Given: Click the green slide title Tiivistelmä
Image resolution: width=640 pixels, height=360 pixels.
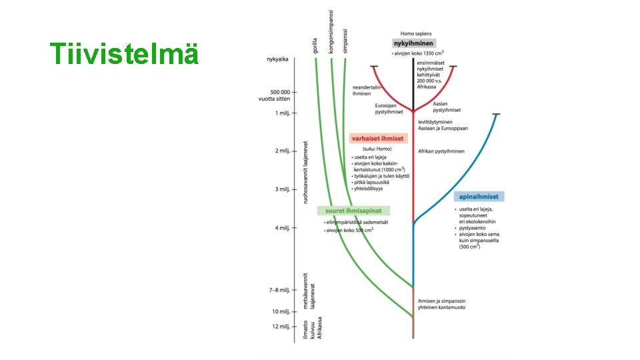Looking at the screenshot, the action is [x=125, y=54].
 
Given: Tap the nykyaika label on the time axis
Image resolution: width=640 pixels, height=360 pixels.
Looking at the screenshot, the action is [x=277, y=59].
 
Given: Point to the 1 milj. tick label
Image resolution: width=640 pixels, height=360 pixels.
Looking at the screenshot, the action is [x=283, y=113].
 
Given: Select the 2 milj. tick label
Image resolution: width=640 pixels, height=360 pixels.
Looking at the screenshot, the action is [x=283, y=151].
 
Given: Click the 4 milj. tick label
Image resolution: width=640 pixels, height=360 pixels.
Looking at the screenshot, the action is [x=283, y=228].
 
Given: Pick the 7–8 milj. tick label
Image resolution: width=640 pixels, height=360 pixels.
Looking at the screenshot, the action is [x=280, y=290].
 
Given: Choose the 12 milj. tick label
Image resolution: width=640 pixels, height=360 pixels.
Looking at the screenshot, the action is [x=281, y=326].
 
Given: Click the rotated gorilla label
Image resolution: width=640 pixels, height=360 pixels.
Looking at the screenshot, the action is [x=315, y=45].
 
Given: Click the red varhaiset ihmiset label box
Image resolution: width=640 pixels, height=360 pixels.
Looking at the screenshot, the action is [x=377, y=138].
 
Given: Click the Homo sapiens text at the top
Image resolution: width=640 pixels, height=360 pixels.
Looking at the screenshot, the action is [x=416, y=33].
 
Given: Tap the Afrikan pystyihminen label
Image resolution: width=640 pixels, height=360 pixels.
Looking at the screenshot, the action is [x=441, y=151].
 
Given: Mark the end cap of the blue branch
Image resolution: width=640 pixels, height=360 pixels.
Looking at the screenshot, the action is [x=496, y=115].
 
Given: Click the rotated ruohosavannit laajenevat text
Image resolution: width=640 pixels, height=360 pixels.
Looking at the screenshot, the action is [x=306, y=172].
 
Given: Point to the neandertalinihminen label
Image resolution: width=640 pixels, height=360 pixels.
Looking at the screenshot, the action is [x=367, y=91].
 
